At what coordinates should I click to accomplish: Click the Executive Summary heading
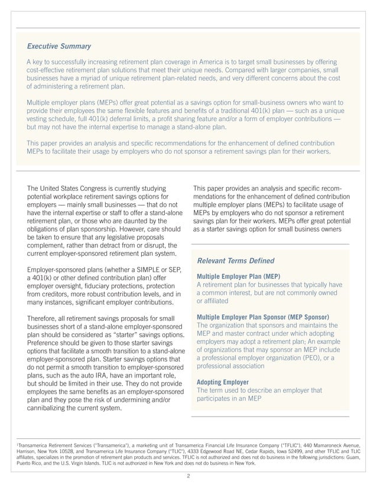(x=59, y=46)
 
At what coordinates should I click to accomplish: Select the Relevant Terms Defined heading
(x=235, y=261)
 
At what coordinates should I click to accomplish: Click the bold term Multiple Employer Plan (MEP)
(x=238, y=276)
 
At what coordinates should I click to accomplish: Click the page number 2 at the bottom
(x=188, y=476)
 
